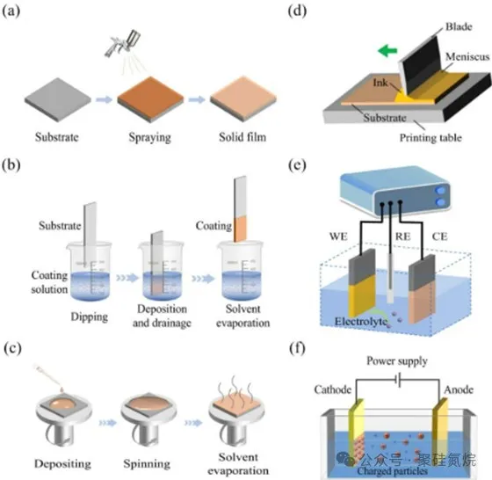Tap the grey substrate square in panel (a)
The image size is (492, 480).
58,100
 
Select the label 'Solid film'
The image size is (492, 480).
242,137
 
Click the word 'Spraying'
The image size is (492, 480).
149,137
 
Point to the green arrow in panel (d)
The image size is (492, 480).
387,50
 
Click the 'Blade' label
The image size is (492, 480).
459,26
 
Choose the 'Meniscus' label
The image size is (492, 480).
467,56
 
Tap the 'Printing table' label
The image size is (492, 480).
430,137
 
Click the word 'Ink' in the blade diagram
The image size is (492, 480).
380,83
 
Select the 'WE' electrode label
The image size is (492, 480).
338,236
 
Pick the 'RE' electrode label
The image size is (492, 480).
403,236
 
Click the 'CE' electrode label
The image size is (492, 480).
439,236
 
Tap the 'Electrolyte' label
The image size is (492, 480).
361,321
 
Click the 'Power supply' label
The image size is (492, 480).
397,361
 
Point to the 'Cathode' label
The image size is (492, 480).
333,389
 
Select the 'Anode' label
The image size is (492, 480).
459,389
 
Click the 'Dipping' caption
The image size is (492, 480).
89,316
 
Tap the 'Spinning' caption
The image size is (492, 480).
147,463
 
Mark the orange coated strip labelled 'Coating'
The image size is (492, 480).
240,229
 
